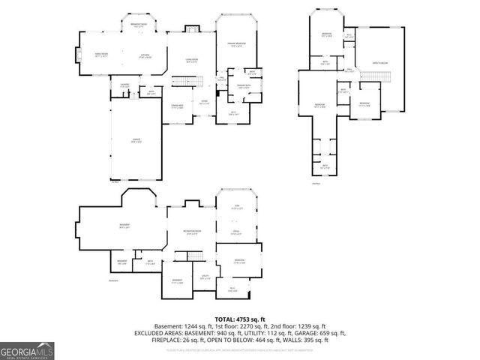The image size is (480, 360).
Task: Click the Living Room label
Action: [192, 61]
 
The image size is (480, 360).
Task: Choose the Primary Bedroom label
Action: [237, 46]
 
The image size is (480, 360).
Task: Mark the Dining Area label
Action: [178, 106]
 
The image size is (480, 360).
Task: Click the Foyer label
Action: [203, 102]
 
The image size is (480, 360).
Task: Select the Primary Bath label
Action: [233, 87]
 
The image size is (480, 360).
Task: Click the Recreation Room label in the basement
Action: [187, 233]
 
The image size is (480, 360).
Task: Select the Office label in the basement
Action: [235, 233]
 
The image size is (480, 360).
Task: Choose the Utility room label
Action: [204, 277]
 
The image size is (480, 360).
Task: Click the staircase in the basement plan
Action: [196, 257]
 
